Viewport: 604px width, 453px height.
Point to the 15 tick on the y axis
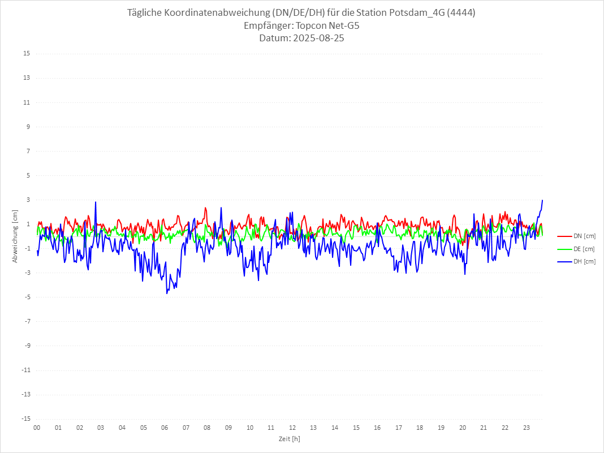pos(27,54)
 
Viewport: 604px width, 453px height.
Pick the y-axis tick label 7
pos(28,151)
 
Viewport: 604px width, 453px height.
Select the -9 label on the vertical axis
pos(26,346)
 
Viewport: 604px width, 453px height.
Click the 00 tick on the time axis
pos(37,428)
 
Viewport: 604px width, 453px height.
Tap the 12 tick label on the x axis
pos(292,428)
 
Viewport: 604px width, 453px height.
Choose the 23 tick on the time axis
pos(527,428)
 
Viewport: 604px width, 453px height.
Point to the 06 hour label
pos(165,428)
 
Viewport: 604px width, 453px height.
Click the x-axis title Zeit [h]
pos(289,439)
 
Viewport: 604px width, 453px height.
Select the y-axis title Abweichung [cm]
pos(15,236)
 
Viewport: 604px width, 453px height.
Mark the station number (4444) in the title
pos(461,13)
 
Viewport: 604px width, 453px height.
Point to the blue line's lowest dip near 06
pos(167,293)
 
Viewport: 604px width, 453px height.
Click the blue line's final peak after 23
pos(542,200)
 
